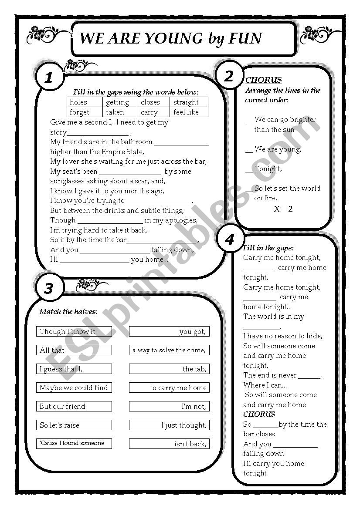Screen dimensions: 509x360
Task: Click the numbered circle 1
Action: point(49,78)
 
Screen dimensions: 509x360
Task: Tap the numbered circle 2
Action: point(229,76)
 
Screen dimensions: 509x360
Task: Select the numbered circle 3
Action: point(49,288)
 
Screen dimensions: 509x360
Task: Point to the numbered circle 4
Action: point(229,239)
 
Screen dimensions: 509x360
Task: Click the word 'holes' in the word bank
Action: point(78,102)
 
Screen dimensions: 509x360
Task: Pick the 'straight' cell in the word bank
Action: point(186,102)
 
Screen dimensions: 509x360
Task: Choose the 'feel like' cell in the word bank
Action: point(186,112)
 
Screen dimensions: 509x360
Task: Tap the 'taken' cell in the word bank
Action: point(115,112)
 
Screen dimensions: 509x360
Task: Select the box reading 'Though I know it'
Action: point(74,332)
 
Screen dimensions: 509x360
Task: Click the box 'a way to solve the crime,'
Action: point(169,350)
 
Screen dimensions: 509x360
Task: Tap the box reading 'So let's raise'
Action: point(74,425)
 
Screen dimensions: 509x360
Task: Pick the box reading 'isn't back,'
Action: point(169,444)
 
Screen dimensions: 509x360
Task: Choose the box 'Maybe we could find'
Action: point(74,388)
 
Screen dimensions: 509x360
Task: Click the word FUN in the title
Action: point(245,39)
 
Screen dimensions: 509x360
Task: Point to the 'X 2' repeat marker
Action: point(283,209)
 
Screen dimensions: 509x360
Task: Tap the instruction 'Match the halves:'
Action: point(68,311)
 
